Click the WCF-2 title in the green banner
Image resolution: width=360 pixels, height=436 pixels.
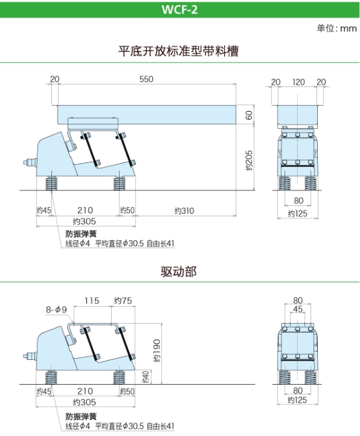[x=179, y=10]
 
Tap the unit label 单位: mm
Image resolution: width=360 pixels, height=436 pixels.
[x=337, y=28]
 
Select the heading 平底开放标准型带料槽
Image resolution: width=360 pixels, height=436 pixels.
[x=179, y=51]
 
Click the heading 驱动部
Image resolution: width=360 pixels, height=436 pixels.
[x=179, y=272]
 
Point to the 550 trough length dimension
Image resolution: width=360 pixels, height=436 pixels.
[x=146, y=79]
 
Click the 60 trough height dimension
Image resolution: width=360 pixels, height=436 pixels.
[x=249, y=115]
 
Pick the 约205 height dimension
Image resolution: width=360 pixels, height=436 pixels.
[x=249, y=160]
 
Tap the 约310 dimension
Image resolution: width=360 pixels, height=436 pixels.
[x=184, y=211]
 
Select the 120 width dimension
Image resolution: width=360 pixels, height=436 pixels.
[x=298, y=82]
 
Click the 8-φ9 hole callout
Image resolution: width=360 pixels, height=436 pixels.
[x=57, y=309]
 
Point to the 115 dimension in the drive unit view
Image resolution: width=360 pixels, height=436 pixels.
[x=92, y=301]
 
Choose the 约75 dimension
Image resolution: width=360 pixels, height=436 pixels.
[x=123, y=301]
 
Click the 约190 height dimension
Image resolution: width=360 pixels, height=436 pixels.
[x=157, y=350]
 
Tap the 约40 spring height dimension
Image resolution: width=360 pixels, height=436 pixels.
[x=146, y=377]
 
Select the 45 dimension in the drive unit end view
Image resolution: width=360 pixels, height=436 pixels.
[x=298, y=309]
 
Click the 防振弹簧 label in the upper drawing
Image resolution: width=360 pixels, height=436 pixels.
[x=81, y=234]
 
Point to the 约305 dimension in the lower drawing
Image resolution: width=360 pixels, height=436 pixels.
[x=84, y=402]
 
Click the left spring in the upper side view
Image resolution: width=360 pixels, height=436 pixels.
[x=51, y=182]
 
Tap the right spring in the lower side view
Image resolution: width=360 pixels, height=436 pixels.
[x=120, y=376]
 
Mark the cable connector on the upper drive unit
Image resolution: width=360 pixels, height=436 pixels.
[x=30, y=162]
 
